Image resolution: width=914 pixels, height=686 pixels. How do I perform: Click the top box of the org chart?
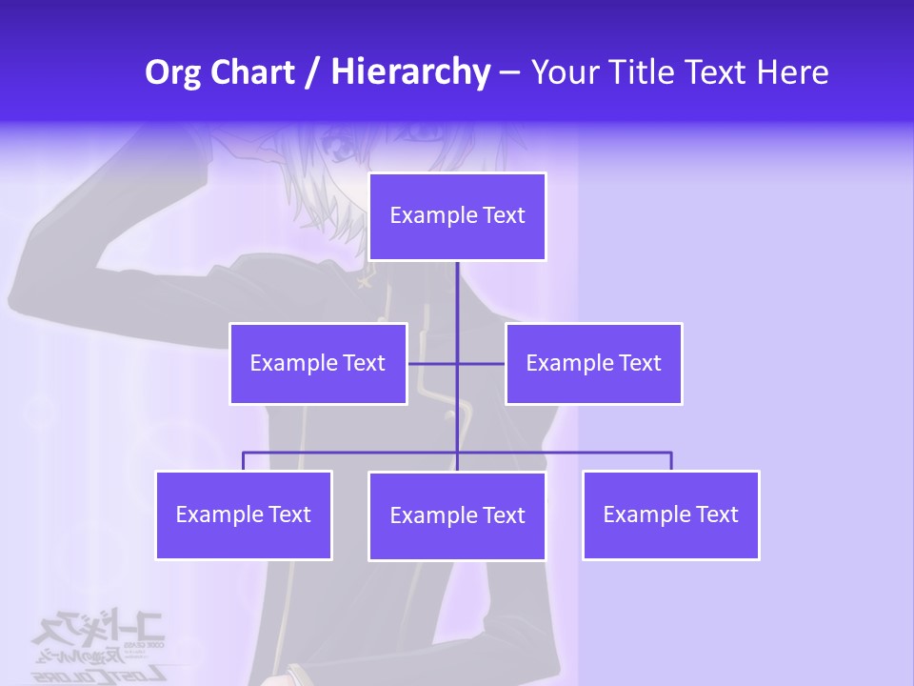[457, 216]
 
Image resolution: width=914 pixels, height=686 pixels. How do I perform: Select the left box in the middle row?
[318, 363]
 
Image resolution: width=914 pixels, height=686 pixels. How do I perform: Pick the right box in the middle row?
[593, 363]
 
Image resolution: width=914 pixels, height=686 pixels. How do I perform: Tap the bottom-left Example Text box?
[244, 514]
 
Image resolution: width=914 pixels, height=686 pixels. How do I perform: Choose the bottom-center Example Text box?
[457, 515]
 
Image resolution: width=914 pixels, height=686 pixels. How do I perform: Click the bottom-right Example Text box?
[670, 514]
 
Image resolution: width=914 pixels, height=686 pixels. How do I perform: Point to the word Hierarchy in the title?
[409, 72]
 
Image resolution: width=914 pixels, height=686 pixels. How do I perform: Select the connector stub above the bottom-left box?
[244, 461]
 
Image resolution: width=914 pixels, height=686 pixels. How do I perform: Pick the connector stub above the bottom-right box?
[670, 461]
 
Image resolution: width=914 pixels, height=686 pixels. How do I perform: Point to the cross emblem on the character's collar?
[365, 280]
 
